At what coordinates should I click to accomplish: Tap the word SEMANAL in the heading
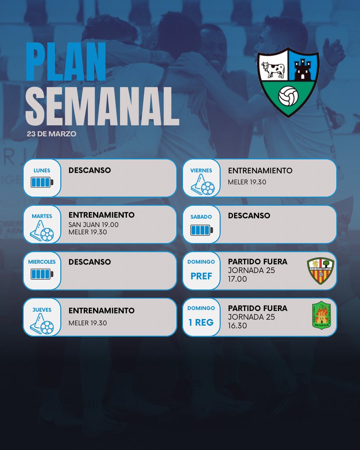(102, 107)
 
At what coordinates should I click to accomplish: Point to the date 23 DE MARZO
(51, 134)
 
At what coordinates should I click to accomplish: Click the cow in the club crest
(273, 70)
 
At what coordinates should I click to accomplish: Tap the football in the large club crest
(288, 96)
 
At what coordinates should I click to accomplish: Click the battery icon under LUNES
(42, 183)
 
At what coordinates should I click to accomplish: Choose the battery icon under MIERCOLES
(42, 274)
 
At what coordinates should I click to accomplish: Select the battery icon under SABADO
(201, 229)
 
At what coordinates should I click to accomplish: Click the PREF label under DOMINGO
(201, 276)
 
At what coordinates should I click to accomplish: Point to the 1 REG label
(201, 322)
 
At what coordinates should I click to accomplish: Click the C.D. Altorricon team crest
(320, 271)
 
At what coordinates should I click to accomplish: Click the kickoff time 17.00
(237, 279)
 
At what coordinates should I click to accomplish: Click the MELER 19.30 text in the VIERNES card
(247, 182)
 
